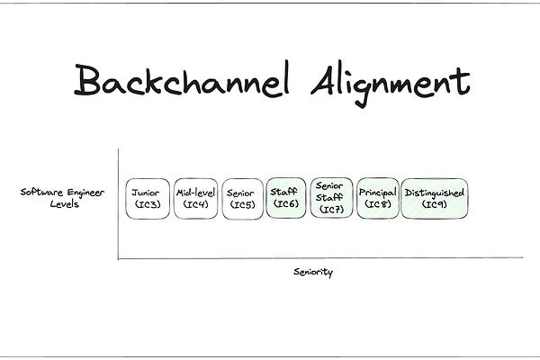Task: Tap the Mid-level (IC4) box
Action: (195, 198)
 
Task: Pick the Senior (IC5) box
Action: (242, 198)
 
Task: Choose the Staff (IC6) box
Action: (286, 198)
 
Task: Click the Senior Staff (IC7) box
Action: (331, 198)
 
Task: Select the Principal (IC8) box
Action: (378, 198)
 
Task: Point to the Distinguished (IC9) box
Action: (435, 198)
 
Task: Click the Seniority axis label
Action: (312, 271)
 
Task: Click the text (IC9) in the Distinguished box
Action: (435, 205)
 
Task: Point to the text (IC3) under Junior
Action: (147, 205)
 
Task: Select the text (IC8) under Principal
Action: (378, 205)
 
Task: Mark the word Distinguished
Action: (435, 193)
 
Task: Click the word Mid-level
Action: (195, 193)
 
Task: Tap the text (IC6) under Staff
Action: (286, 205)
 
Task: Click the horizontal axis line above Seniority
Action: (315, 259)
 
